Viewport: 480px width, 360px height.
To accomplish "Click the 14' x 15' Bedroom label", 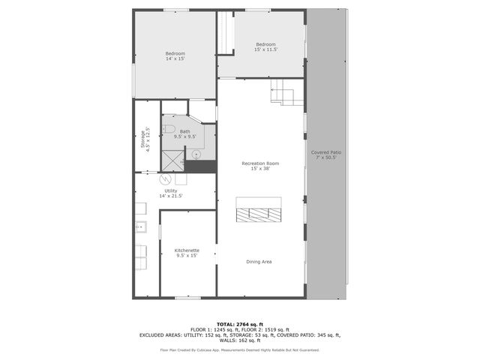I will (x=175, y=56).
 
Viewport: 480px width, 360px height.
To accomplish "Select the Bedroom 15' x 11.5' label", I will (x=266, y=47).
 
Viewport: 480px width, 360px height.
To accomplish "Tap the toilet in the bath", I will (x=169, y=129).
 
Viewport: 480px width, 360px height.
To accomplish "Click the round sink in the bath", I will (x=196, y=154).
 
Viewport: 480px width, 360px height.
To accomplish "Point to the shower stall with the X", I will (x=173, y=160).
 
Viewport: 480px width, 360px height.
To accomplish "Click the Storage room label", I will (x=145, y=139).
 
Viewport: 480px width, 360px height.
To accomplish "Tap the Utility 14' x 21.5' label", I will (x=171, y=193).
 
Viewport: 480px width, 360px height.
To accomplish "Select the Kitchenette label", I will (x=187, y=253).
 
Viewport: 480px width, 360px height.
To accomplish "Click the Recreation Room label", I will (x=260, y=166).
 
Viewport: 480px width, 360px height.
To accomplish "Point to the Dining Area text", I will (x=259, y=262).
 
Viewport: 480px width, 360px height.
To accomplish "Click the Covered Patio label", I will (x=326, y=154).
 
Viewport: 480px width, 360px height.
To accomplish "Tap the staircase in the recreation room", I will (x=286, y=93).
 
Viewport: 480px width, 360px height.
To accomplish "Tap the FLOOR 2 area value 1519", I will (x=273, y=330).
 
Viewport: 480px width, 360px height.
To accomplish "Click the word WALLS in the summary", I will (x=223, y=340).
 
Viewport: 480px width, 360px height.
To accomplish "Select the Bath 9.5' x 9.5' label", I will (x=184, y=134).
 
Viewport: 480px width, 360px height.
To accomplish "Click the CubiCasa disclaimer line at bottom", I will (x=240, y=349).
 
